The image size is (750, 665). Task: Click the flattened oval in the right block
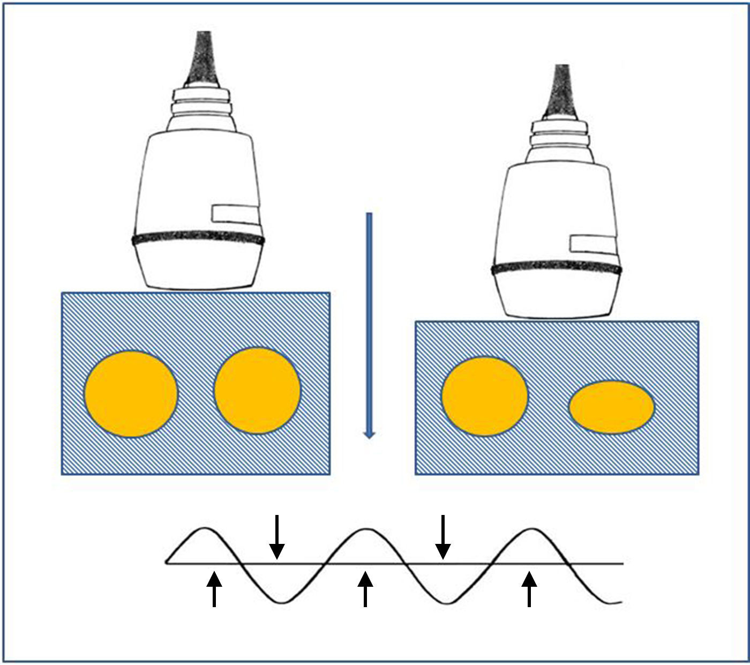coord(611,407)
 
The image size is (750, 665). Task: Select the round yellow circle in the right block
coord(484,396)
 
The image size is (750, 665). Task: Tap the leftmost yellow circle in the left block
coord(131,394)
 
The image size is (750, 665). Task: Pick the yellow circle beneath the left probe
coord(257,390)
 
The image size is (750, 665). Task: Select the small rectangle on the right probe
coord(594,243)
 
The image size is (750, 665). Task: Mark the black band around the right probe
coord(557,268)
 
